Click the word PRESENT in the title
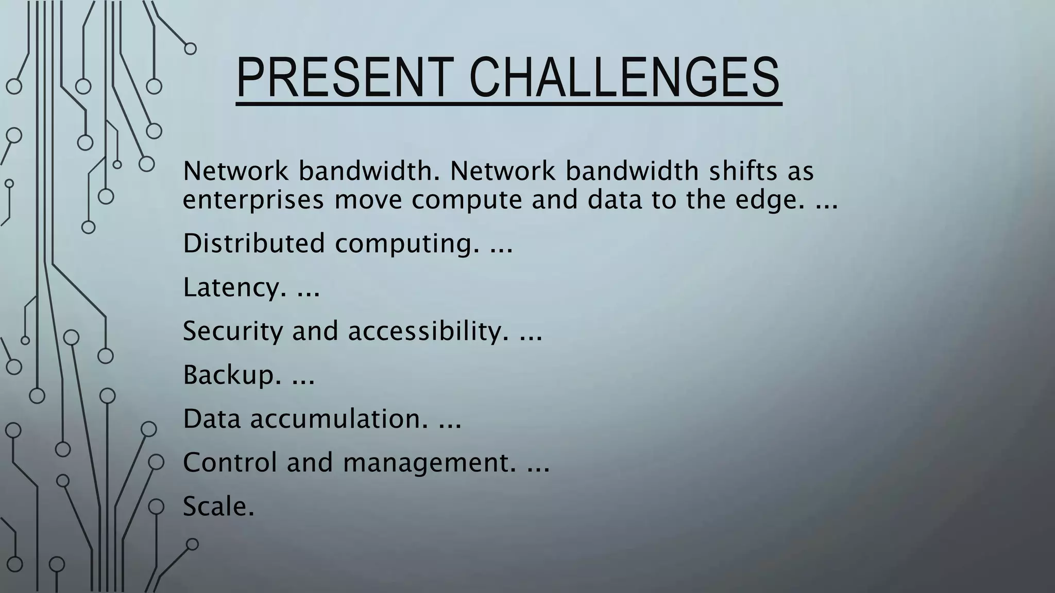(344, 78)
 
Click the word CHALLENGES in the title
(624, 78)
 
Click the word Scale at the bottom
(218, 507)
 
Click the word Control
(230, 462)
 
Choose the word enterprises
(253, 201)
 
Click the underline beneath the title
(508, 104)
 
